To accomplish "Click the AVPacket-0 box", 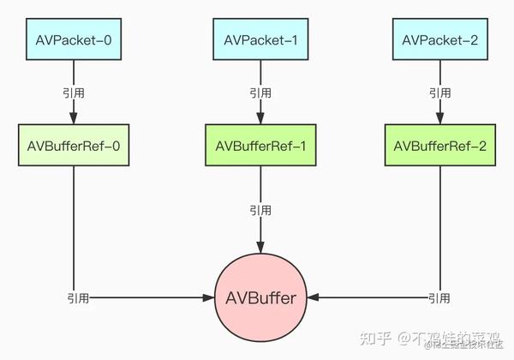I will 73,40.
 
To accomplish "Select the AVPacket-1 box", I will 260,40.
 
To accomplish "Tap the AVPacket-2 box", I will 439,40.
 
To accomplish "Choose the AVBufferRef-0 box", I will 73,145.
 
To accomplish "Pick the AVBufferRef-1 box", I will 260,145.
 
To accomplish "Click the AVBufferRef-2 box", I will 439,145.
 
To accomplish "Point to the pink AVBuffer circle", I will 260,298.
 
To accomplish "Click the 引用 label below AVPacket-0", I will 73,92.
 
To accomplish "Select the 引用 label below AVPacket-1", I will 260,92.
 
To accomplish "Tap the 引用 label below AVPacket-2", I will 439,92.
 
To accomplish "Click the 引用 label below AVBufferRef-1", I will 260,208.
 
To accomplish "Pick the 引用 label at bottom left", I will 77,298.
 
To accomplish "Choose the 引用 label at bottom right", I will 439,298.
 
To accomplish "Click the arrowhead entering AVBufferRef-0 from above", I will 73,119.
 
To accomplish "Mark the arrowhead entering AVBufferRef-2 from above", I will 439,119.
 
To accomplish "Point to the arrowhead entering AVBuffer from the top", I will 260,246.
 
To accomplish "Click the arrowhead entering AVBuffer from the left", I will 207,298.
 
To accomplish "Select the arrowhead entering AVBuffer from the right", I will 313,298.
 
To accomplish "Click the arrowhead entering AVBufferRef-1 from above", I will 260,119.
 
